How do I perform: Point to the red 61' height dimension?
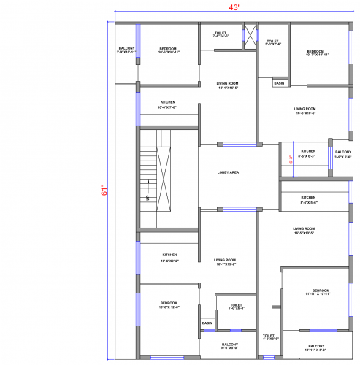pos(105,191)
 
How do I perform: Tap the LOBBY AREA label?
pos(229,172)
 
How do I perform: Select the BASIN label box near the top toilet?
pos(279,83)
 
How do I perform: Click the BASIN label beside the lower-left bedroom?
pos(207,323)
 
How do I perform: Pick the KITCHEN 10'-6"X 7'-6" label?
pos(168,104)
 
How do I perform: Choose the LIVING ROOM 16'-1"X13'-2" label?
pos(225,262)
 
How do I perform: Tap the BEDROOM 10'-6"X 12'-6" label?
pos(169,304)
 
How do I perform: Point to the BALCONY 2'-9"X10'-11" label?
pos(126,51)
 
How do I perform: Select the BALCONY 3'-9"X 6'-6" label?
pos(342,154)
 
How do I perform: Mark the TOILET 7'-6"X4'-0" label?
pos(221,34)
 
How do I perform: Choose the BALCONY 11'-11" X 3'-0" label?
pos(316,347)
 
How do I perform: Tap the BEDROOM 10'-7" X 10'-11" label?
pos(318,53)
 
